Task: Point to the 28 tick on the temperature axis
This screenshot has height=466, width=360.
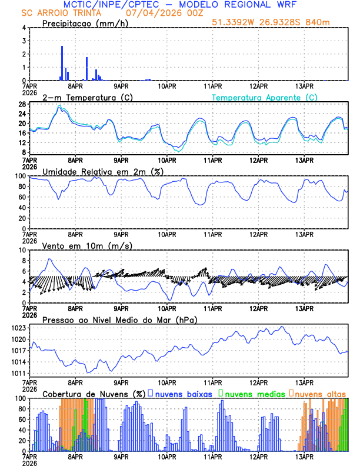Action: (21, 104)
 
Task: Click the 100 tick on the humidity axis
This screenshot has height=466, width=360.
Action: (19, 176)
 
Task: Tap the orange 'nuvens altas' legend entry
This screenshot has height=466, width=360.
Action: (320, 394)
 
